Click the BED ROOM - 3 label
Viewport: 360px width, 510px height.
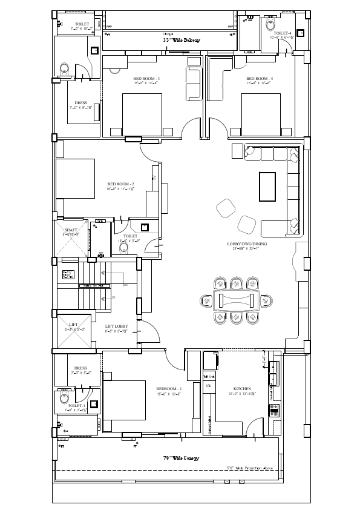coord(146,79)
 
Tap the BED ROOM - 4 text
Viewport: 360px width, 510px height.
coord(259,79)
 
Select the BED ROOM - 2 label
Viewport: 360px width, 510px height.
coord(120,184)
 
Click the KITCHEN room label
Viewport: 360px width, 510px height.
coord(242,388)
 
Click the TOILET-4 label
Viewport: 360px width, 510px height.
coord(283,33)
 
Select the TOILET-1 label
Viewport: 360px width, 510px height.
coord(76,405)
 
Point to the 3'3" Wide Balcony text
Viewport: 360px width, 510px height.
coord(182,40)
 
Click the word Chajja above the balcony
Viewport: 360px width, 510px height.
coord(168,34)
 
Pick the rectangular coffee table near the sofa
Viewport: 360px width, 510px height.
coord(267,187)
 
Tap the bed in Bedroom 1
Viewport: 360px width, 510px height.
coord(125,400)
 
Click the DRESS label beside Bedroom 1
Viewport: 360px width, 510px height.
coord(80,368)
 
